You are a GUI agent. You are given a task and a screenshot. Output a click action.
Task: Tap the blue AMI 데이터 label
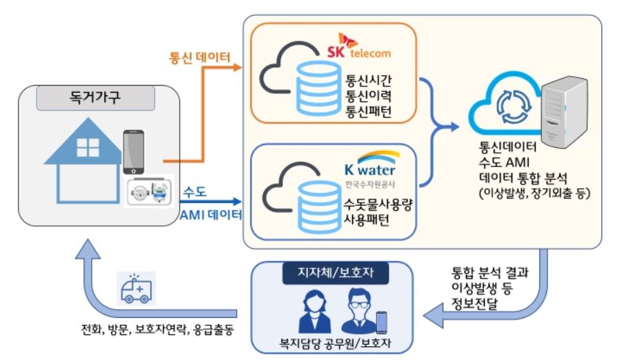(210, 216)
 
